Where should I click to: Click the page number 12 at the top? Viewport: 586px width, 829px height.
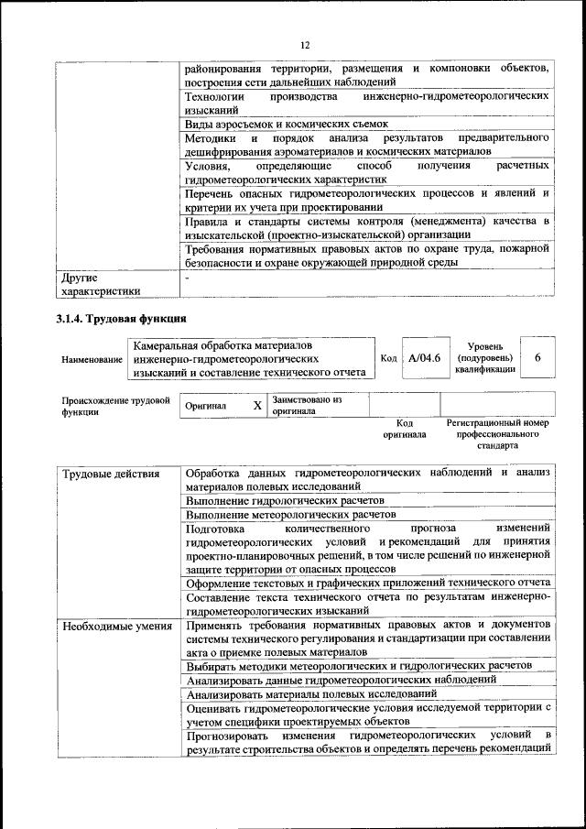tap(305, 43)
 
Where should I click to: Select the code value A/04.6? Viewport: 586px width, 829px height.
tap(425, 358)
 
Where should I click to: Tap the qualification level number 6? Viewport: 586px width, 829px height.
tap(538, 358)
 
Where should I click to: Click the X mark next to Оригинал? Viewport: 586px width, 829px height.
tap(257, 405)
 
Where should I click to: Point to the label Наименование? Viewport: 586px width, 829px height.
tap(92, 360)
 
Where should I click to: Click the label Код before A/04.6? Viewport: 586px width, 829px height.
tap(387, 359)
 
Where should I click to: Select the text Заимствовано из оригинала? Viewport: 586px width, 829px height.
tap(306, 406)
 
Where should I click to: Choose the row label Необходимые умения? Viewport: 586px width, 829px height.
tap(116, 626)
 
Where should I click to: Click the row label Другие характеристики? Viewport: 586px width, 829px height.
tap(100, 284)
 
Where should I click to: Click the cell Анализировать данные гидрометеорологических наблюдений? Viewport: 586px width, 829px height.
tap(341, 680)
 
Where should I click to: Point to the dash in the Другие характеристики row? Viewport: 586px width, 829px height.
tap(188, 276)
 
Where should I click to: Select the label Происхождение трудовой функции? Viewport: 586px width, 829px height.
tap(115, 406)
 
